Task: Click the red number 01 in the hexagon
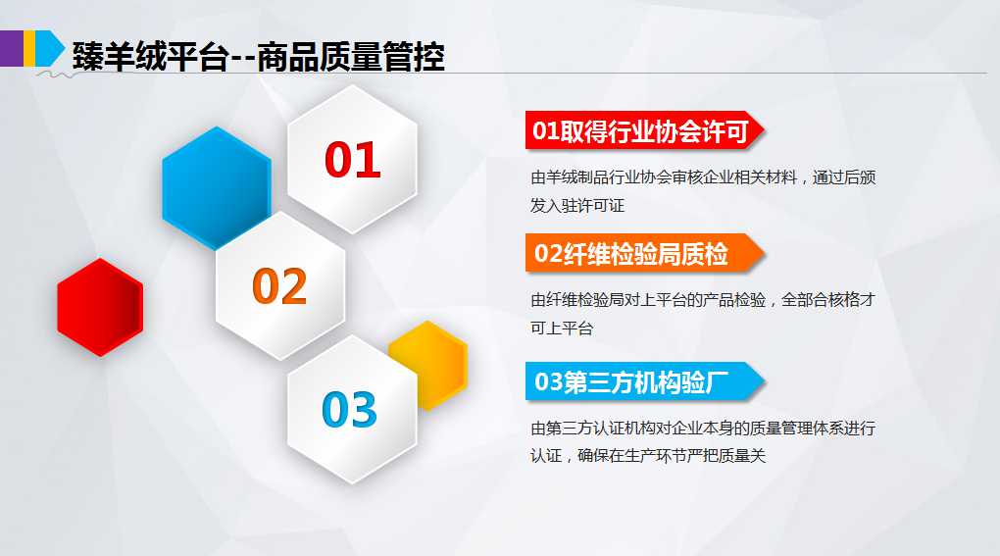353,160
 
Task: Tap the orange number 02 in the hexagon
280,285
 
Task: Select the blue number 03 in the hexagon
349,409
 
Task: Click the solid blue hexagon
217,187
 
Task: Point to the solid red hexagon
100,307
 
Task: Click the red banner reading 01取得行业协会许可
644,130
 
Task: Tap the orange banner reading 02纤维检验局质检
644,254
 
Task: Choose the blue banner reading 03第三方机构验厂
644,381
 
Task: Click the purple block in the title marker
12,48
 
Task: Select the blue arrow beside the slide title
50,48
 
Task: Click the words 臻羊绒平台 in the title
151,57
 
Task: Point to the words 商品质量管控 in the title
351,57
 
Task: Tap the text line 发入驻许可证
577,205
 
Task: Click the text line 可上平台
562,328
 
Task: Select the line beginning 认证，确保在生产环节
648,455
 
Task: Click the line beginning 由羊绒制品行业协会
703,177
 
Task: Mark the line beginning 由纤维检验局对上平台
703,300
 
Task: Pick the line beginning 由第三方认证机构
703,428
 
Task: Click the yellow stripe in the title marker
29,48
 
